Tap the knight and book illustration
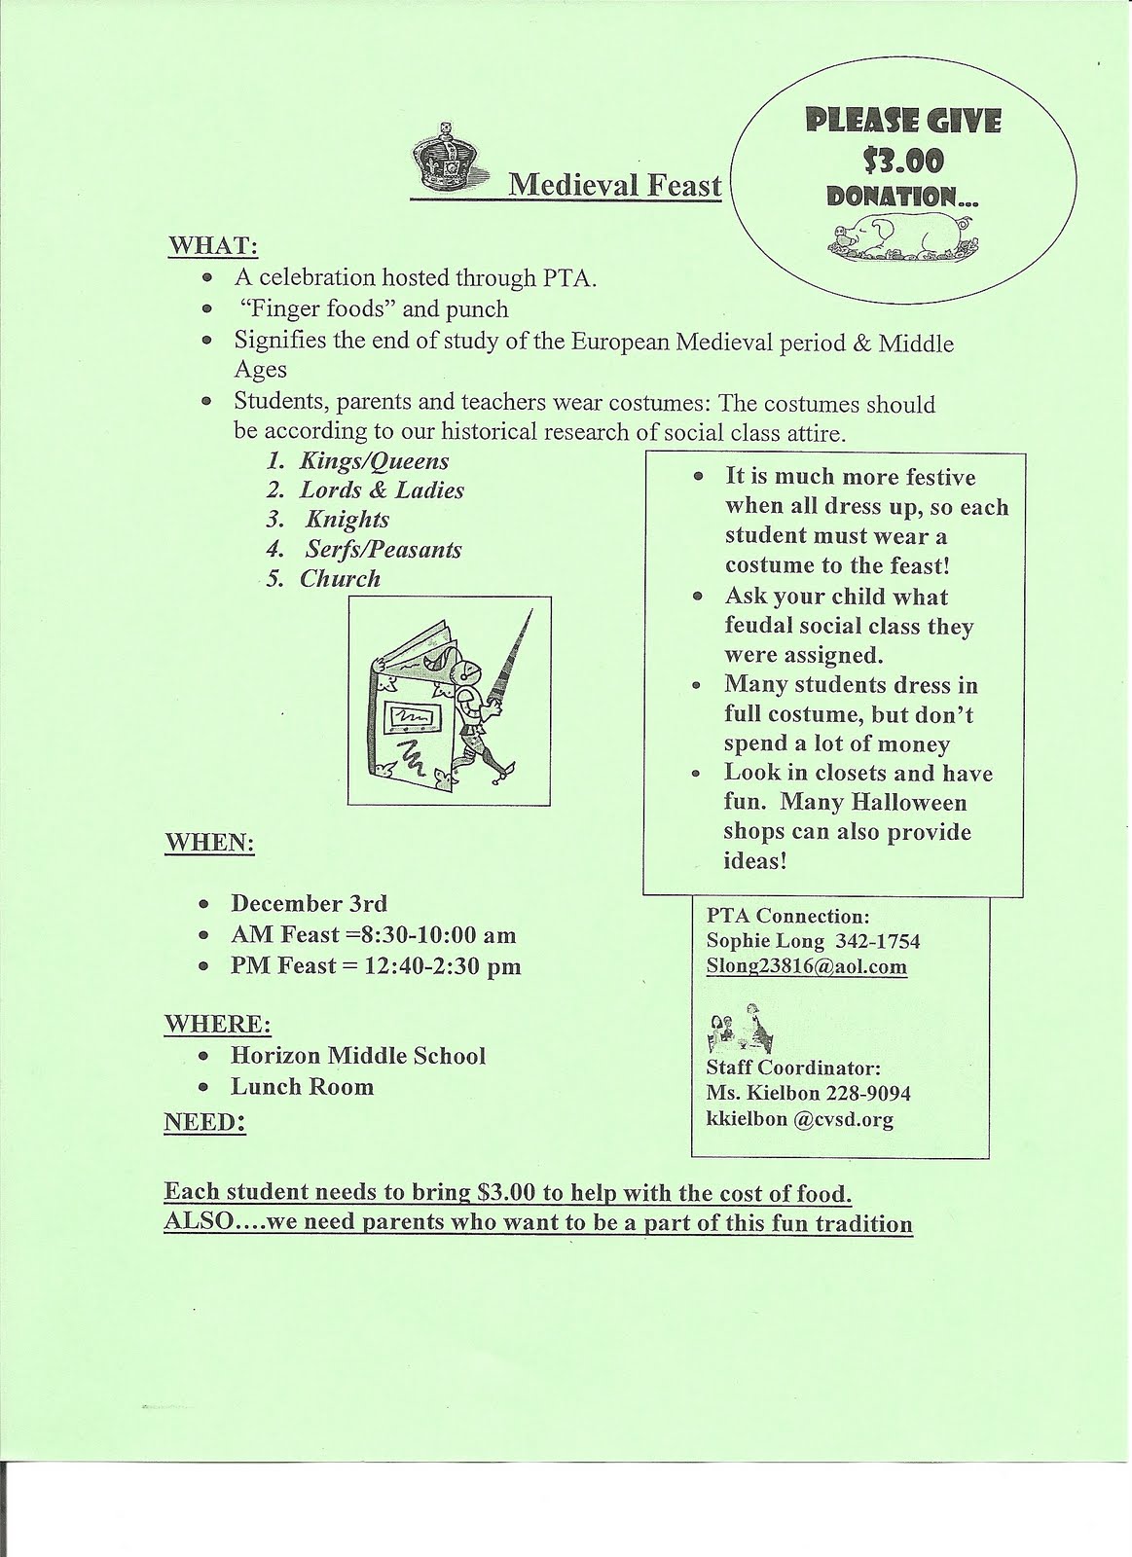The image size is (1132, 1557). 451,701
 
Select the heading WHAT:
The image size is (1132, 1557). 213,246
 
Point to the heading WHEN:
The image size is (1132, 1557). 209,842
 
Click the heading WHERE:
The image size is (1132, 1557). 217,1025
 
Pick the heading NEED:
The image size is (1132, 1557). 204,1122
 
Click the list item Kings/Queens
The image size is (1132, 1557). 374,461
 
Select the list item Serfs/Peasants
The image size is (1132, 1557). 383,550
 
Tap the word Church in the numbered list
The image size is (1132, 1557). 340,579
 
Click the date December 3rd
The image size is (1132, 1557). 309,903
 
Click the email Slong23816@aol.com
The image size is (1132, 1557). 807,966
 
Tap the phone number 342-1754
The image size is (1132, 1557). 884,941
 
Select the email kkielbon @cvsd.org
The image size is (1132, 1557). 799,1119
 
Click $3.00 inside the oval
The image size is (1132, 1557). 903,160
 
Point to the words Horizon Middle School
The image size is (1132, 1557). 357,1056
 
